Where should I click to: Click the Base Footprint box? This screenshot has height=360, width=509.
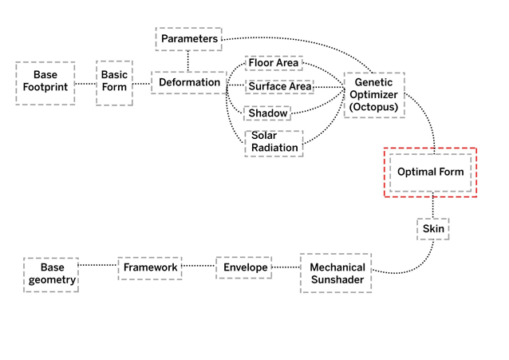(x=45, y=83)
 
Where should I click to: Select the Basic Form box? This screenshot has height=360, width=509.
(x=114, y=82)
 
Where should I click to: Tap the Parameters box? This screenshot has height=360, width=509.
(x=188, y=38)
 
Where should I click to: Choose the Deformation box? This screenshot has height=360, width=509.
(x=189, y=82)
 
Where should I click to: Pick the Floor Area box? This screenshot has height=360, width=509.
(x=272, y=62)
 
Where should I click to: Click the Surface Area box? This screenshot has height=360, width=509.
(x=278, y=86)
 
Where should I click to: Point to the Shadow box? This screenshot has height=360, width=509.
(x=267, y=113)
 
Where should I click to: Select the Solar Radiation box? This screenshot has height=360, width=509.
(x=274, y=142)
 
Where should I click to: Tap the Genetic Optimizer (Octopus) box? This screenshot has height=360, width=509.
(x=373, y=95)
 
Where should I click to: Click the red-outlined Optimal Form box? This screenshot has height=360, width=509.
(x=430, y=172)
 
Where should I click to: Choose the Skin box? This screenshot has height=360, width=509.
(x=434, y=229)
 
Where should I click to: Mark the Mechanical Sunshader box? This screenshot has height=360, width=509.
(x=337, y=273)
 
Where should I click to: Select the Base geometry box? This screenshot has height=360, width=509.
(x=52, y=273)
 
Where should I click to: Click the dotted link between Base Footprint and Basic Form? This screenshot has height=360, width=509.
(x=85, y=83)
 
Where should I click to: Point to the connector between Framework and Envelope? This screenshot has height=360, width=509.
(x=197, y=267)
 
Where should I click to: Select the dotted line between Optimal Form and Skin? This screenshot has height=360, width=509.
(x=434, y=205)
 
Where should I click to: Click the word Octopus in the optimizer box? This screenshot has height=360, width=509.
(x=373, y=107)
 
